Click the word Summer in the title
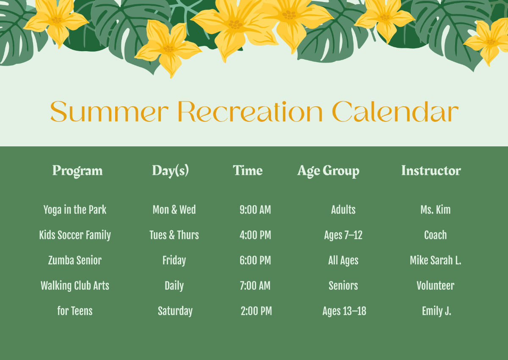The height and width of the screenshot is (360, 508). pyautogui.click(x=109, y=111)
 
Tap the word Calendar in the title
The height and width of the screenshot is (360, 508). pyautogui.click(x=395, y=111)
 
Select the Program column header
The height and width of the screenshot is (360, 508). pyautogui.click(x=77, y=171)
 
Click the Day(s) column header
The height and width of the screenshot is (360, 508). pyautogui.click(x=170, y=171)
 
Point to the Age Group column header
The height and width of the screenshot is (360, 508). pyautogui.click(x=329, y=171)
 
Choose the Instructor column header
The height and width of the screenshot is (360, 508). pyautogui.click(x=431, y=170)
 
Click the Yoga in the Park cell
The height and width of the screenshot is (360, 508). pyautogui.click(x=75, y=210)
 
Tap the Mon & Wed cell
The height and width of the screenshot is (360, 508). pyautogui.click(x=174, y=209)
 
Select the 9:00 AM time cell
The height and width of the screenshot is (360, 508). pyautogui.click(x=255, y=210)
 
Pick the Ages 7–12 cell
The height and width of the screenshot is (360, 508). pyautogui.click(x=343, y=235)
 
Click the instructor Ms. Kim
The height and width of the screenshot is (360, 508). pyautogui.click(x=436, y=210)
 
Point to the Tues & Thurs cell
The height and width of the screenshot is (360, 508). pyautogui.click(x=174, y=235)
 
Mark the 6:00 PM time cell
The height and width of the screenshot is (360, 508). pyautogui.click(x=255, y=260)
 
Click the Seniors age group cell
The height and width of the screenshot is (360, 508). pyautogui.click(x=343, y=286)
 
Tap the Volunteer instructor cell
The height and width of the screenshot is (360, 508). pyautogui.click(x=436, y=286)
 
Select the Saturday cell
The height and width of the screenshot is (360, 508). pyautogui.click(x=175, y=311)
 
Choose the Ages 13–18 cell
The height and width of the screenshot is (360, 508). pyautogui.click(x=344, y=311)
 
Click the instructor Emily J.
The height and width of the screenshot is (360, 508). pyautogui.click(x=436, y=311)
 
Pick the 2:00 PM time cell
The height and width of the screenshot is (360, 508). pyautogui.click(x=256, y=311)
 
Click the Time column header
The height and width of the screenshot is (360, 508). pyautogui.click(x=248, y=170)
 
